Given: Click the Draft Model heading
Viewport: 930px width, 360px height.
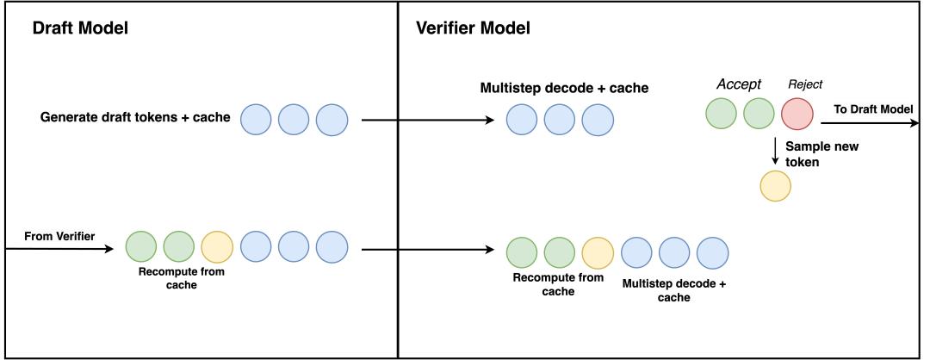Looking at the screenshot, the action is (x=80, y=28).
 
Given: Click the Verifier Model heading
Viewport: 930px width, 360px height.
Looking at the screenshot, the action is (x=473, y=28).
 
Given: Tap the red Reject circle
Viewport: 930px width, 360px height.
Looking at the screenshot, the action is (x=797, y=114).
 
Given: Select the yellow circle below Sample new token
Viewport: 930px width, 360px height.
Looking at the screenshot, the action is (x=776, y=186).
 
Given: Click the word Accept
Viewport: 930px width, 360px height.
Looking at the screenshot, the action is (x=739, y=84).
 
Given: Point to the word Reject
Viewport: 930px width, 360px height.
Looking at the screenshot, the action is (x=805, y=84).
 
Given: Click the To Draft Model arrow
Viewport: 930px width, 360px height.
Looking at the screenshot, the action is (x=870, y=123).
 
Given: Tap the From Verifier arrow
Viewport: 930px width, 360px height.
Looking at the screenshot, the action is (x=59, y=249).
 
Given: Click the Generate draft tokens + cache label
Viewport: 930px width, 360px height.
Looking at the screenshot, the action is (x=134, y=117).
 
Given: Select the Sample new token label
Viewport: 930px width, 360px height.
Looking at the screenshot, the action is (x=821, y=153).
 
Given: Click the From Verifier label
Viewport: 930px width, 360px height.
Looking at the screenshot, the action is (x=59, y=237).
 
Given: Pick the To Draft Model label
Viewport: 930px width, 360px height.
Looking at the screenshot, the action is (x=873, y=109).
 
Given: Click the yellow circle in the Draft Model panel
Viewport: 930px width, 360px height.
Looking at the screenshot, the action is (x=217, y=246).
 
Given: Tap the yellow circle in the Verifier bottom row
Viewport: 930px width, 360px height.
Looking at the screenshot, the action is (x=598, y=252).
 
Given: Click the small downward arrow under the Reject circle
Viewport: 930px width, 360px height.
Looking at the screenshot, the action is (x=775, y=152).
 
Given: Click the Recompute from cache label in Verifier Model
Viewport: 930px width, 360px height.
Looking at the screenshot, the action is (x=558, y=284).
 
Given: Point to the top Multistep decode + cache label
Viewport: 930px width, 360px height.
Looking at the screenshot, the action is (x=563, y=89).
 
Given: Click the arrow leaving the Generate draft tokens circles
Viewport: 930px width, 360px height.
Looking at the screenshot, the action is (x=428, y=121).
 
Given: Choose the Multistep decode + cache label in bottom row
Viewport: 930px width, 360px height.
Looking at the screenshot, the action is (x=673, y=290).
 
